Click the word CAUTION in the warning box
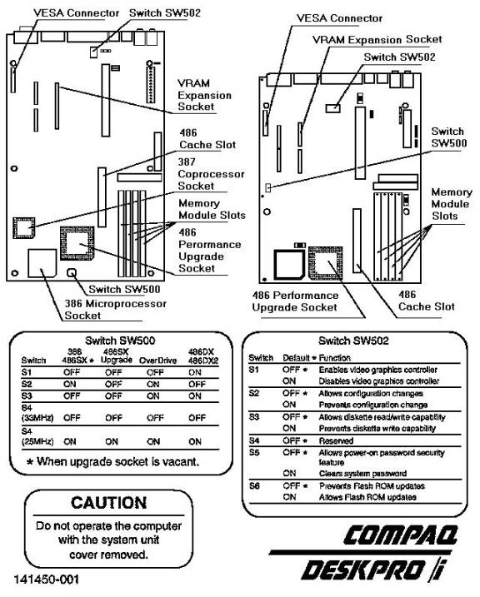click(109, 503)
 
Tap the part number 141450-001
click(47, 580)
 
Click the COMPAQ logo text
click(400, 535)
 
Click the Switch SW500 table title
click(120, 341)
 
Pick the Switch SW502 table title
click(353, 341)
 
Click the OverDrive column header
click(157, 361)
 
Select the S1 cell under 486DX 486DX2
click(195, 372)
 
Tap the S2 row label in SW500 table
click(27, 384)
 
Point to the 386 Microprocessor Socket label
click(116, 310)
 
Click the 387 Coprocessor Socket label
click(211, 174)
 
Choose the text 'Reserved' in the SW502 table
click(336, 441)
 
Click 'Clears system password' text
click(362, 474)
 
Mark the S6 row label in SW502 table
click(254, 485)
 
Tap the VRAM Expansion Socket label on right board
click(377, 40)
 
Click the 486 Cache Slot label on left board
click(207, 139)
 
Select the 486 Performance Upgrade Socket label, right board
click(295, 301)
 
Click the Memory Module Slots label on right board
click(451, 204)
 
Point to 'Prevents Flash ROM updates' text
click(372, 486)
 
